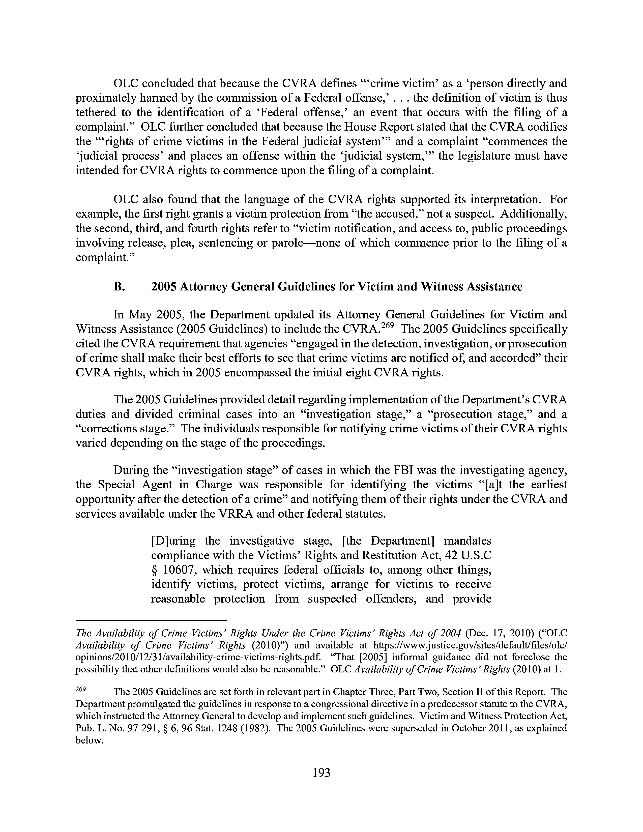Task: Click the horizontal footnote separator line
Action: point(151,620)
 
